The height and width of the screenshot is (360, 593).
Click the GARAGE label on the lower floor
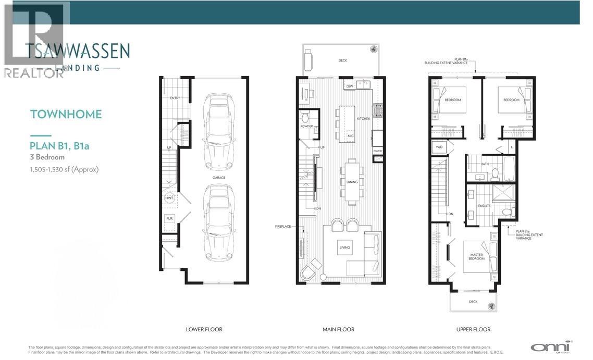pyautogui.click(x=218, y=178)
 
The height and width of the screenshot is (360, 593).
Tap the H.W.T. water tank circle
pyautogui.click(x=169, y=198)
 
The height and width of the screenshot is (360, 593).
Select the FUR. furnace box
pyautogui.click(x=169, y=219)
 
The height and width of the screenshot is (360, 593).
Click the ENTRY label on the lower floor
pyautogui.click(x=175, y=98)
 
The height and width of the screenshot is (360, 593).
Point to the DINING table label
pyautogui.click(x=352, y=182)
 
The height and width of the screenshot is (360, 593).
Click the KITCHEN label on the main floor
pyautogui.click(x=363, y=119)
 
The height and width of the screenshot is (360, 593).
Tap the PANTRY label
pyautogui.click(x=378, y=151)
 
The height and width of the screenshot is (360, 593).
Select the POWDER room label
pyautogui.click(x=306, y=127)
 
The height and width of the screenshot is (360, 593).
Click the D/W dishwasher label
pyautogui.click(x=350, y=85)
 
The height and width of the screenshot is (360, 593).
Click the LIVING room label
pyautogui.click(x=344, y=247)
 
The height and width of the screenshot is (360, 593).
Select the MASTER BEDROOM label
pyautogui.click(x=476, y=257)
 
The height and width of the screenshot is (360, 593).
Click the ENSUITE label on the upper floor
pyautogui.click(x=484, y=206)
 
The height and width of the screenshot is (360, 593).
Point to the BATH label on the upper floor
pyautogui.click(x=485, y=164)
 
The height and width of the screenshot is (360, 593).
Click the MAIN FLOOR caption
pyautogui.click(x=338, y=329)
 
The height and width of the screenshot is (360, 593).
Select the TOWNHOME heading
pyautogui.click(x=66, y=114)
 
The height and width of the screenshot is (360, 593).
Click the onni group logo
pyautogui.click(x=551, y=346)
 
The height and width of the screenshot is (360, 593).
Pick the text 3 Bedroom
pyautogui.click(x=47, y=157)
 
